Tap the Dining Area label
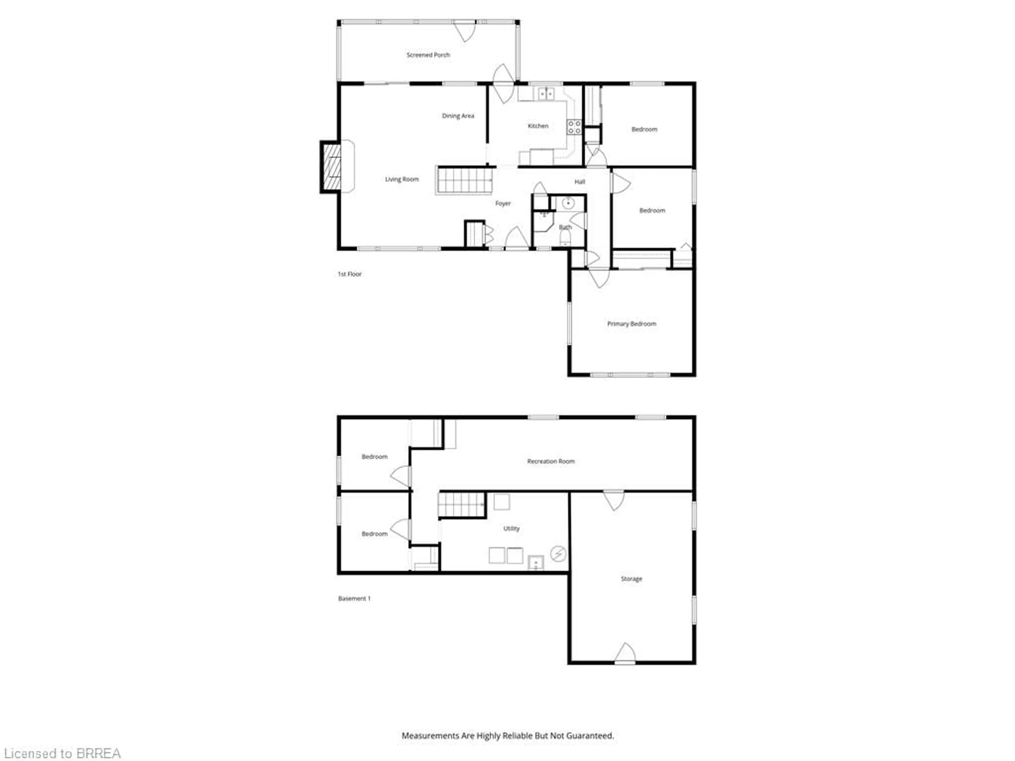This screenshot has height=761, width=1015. coord(458,116)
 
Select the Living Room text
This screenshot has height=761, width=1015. coord(402,179)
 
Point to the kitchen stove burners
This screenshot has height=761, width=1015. coord(574,127)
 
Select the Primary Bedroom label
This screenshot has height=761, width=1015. coord(631,324)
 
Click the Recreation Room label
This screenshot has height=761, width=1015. coord(551,461)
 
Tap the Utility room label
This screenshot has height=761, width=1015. coord(511,528)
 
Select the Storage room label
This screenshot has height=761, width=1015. coord(631,579)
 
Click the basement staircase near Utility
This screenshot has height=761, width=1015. coord(462,505)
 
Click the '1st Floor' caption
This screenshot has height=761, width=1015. coord(350,274)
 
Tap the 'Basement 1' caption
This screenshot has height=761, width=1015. coord(354,598)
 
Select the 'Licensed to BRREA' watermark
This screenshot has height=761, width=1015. coord(62,754)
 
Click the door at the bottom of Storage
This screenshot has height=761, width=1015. coord(625,654)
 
